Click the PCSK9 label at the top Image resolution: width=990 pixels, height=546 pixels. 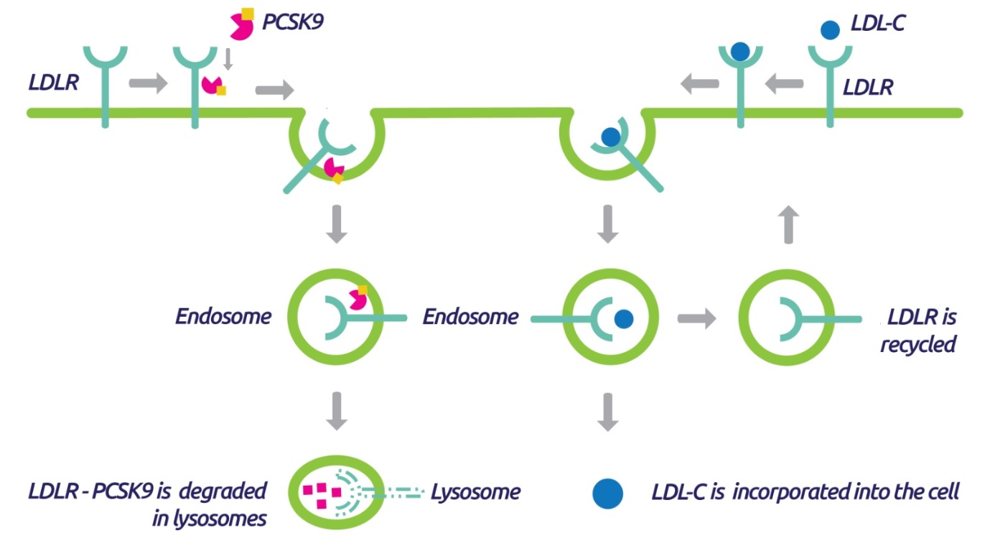pyautogui.click(x=293, y=22)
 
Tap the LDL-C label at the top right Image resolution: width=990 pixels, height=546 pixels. pyautogui.click(x=878, y=23)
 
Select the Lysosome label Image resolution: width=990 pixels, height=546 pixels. pyautogui.click(x=475, y=492)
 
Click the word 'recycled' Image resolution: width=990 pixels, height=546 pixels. pyautogui.click(x=918, y=344)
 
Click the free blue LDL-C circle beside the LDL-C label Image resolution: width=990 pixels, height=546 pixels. pyautogui.click(x=830, y=30)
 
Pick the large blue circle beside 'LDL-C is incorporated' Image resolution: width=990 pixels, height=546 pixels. pyautogui.click(x=607, y=494)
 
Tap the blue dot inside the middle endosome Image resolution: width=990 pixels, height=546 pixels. pyautogui.click(x=624, y=319)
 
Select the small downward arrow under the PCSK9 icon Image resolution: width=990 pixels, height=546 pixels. pyautogui.click(x=228, y=59)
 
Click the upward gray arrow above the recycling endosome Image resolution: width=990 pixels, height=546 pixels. pyautogui.click(x=788, y=225)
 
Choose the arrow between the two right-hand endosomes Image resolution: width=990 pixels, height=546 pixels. pyautogui.click(x=696, y=318)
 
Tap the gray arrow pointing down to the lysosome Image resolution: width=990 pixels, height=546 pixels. pyautogui.click(x=337, y=411)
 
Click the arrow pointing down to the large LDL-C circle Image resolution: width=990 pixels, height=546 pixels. pyautogui.click(x=607, y=412)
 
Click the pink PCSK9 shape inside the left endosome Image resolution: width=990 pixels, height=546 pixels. pyautogui.click(x=358, y=298)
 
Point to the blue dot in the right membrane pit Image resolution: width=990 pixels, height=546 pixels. pyautogui.click(x=611, y=137)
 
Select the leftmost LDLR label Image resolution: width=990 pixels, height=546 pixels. pyautogui.click(x=53, y=82)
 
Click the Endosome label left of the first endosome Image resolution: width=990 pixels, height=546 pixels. pyautogui.click(x=223, y=317)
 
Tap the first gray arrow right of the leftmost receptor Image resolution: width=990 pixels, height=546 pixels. pyautogui.click(x=149, y=83)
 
